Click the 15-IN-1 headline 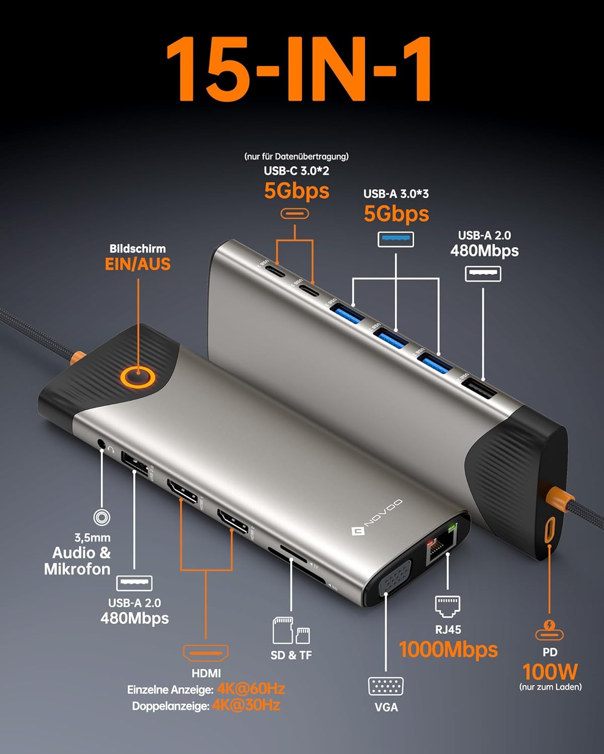point(299,69)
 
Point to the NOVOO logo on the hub point(377,516)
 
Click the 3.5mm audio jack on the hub point(102,445)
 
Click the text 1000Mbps point(448,649)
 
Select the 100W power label point(550,672)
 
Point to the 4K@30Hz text point(246,705)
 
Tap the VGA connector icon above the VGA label point(386,686)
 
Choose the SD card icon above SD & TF point(283,630)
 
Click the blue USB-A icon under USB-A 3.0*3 point(396,239)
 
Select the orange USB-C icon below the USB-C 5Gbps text point(294,214)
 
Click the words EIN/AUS point(137,264)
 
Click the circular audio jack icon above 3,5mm point(102,517)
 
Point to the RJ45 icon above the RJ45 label point(447,606)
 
